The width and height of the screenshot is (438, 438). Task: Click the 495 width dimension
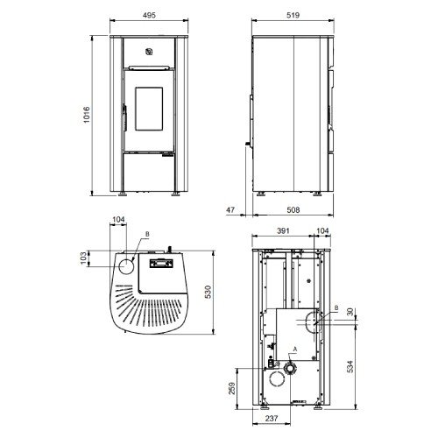click(x=149, y=15)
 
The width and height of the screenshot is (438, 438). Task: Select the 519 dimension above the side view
click(x=293, y=15)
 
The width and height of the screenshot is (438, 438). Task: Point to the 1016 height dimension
click(x=87, y=115)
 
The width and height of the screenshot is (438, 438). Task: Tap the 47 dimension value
click(x=230, y=209)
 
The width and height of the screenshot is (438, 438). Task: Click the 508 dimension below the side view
click(x=293, y=209)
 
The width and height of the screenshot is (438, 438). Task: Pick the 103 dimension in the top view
click(x=83, y=258)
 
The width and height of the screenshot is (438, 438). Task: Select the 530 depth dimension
click(x=208, y=292)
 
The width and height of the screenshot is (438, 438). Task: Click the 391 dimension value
click(x=283, y=231)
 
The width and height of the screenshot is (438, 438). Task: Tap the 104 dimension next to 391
click(x=322, y=231)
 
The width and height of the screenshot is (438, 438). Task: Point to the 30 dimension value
click(x=350, y=312)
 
